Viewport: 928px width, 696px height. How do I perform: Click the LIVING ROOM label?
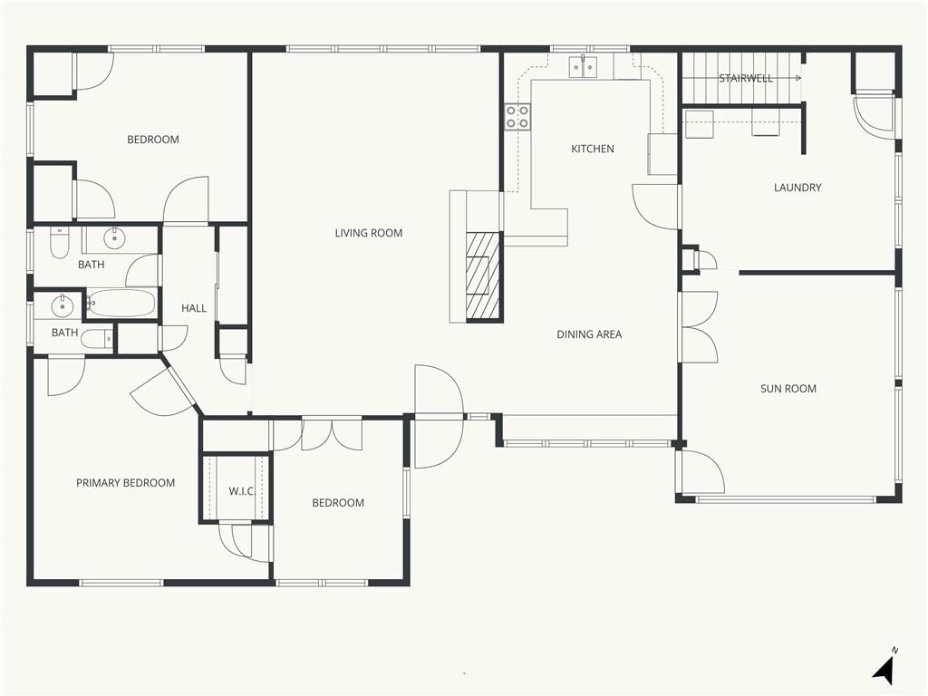369,233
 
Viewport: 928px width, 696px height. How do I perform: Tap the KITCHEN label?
593,149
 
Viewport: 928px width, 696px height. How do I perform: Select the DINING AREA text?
589,334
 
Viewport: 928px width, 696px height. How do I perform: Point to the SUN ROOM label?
788,389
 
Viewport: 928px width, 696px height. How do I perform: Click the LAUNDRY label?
797,188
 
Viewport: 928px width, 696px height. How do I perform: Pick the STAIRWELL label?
746,78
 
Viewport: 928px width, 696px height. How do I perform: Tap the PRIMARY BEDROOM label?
125,483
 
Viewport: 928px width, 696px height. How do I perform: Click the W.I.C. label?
241,491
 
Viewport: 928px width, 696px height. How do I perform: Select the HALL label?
194,308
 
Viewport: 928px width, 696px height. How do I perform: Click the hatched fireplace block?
484,276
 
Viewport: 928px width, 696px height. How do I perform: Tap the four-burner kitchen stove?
517,117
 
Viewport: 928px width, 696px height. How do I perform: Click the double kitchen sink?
585,67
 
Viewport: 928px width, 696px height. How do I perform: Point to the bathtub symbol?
122,304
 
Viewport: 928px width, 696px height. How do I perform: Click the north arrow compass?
884,668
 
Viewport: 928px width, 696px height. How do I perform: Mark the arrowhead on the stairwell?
798,78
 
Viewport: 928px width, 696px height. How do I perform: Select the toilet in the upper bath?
59,243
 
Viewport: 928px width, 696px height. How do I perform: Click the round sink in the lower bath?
61,306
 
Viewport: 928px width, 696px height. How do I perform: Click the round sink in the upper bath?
113,238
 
